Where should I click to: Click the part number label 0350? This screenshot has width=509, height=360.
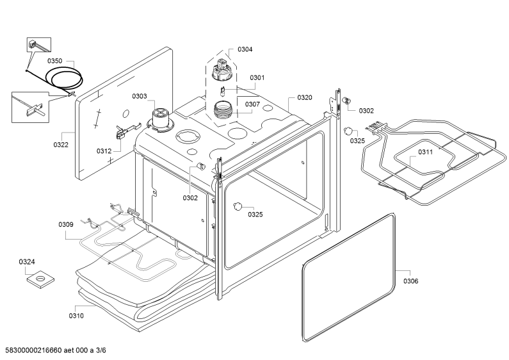tap(54, 61)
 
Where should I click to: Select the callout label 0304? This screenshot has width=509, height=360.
tap(245, 49)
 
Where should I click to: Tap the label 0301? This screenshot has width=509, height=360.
tap(257, 78)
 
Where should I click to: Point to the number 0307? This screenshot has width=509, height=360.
tap(252, 104)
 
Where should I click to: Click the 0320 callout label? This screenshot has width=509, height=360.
tap(305, 97)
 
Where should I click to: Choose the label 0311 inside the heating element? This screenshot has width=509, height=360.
tap(425, 152)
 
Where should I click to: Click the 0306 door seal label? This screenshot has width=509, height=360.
tap(411, 281)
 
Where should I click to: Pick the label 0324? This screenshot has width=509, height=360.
tap(27, 261)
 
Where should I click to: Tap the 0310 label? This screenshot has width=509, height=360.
tap(76, 316)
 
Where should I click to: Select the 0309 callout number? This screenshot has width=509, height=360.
tap(66, 224)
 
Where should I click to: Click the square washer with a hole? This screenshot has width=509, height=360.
tap(40, 279)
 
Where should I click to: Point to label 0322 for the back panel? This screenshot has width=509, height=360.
tap(61, 145)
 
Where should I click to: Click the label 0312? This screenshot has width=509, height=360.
tap(104, 151)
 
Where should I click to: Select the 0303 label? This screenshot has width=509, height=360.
tap(140, 96)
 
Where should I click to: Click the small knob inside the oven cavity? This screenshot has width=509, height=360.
tap(238, 206)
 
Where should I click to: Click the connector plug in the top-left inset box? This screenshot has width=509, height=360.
tap(32, 44)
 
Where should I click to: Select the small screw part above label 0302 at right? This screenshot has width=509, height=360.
tap(346, 101)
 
